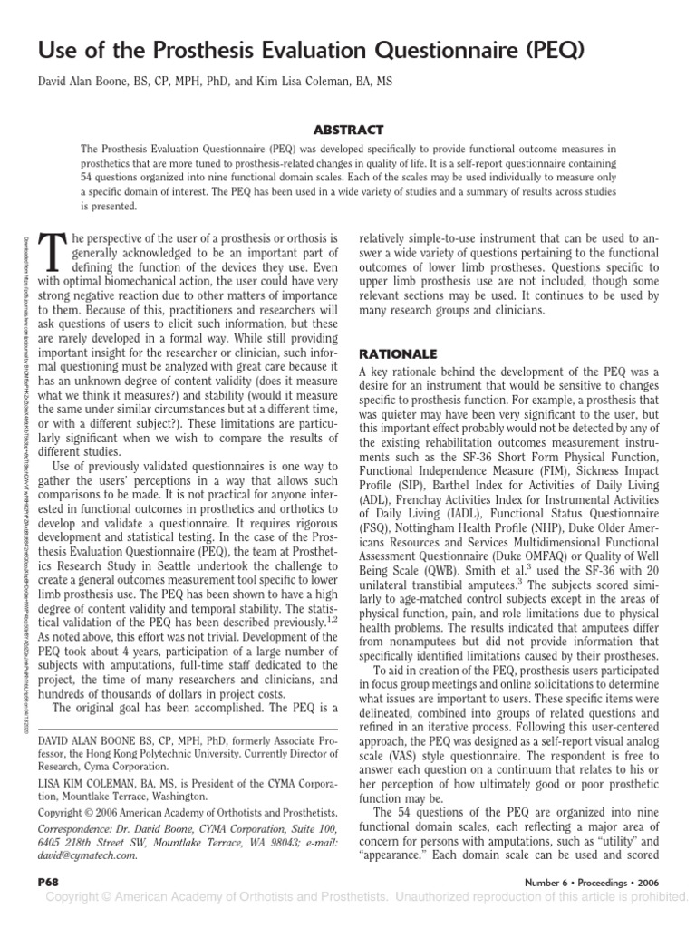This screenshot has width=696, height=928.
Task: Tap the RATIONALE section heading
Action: (399, 353)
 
